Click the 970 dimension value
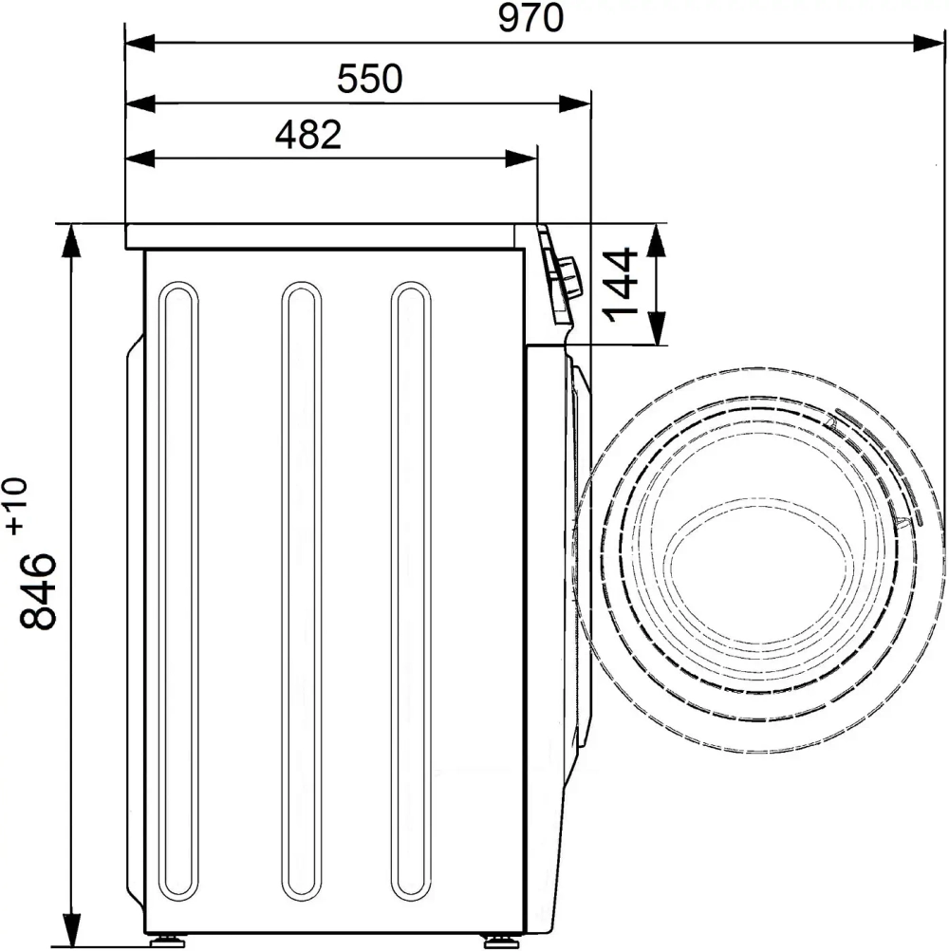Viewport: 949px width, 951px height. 530,18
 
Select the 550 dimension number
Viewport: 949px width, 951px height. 369,79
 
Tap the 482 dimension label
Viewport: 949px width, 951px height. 308,134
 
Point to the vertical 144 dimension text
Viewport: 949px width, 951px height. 621,285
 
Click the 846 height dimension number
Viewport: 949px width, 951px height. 38,581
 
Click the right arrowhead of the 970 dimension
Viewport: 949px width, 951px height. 928,43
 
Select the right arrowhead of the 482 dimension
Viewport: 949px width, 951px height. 521,159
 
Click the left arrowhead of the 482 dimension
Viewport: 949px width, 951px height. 140,159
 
